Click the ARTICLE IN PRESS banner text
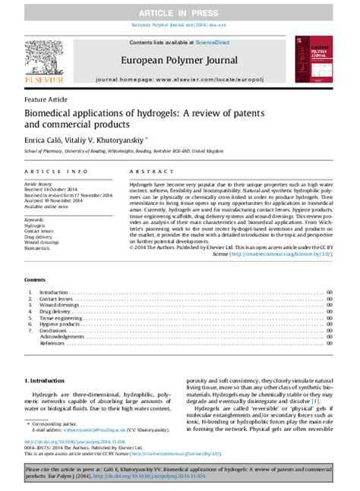179,14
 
